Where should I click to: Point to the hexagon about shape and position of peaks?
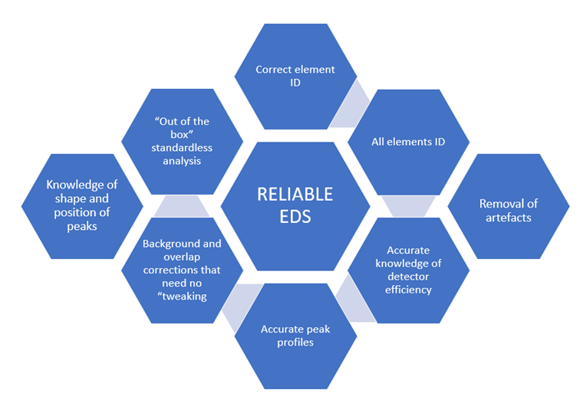coord(81,205)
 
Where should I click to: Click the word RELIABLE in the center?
coord(295,195)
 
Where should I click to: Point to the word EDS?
coord(295,217)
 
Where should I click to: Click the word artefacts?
coord(509,217)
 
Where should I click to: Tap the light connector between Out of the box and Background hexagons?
coord(182,205)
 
